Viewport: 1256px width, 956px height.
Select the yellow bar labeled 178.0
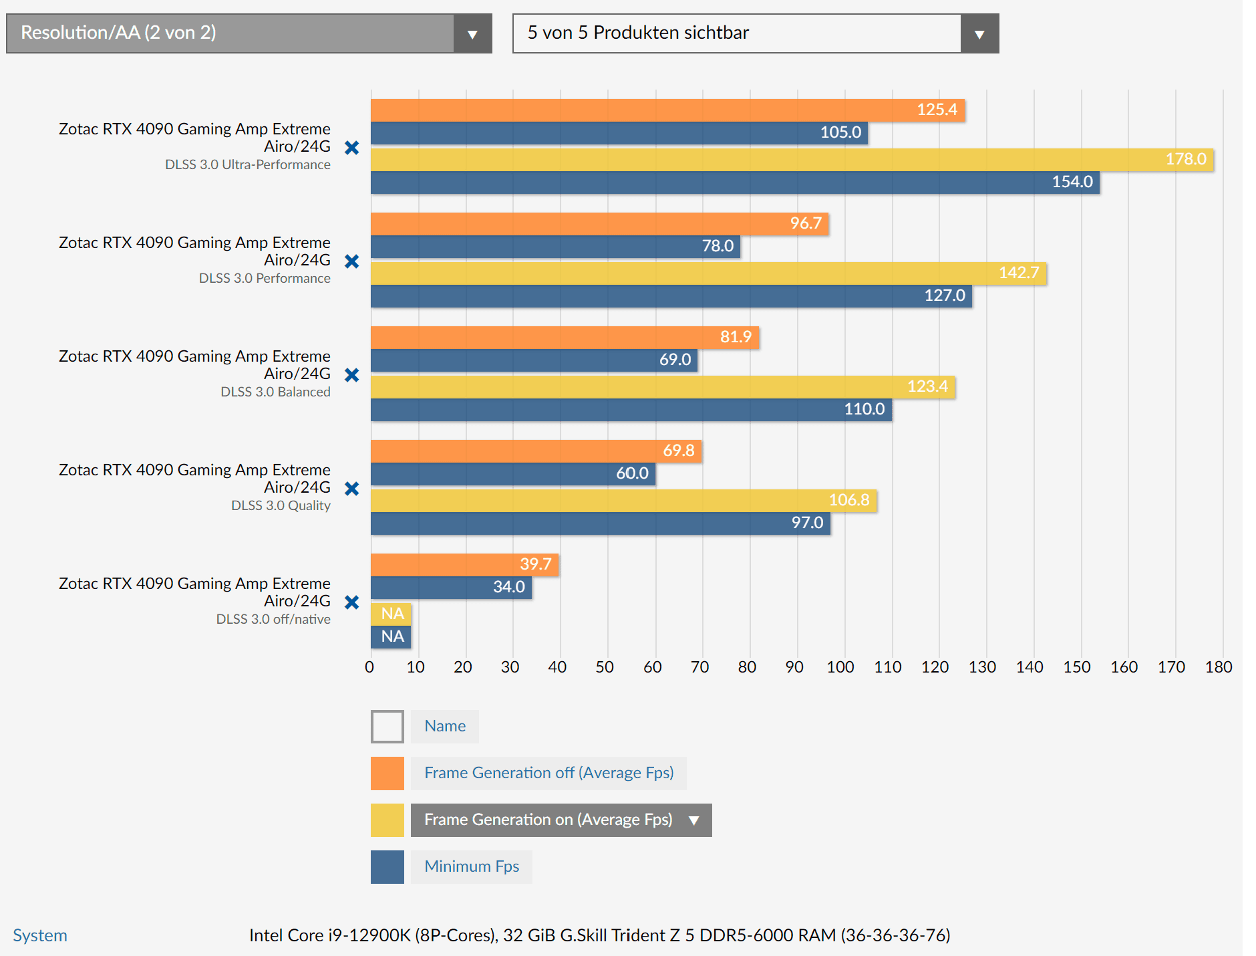coord(792,160)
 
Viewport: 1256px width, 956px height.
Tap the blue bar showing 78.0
coord(555,247)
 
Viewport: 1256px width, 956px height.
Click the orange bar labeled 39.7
coord(464,565)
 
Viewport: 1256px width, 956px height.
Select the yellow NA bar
coord(391,614)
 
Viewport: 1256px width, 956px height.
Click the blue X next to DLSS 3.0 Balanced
coord(352,375)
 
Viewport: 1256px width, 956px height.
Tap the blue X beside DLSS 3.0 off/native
coord(352,602)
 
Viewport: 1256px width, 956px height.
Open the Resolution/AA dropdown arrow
coord(472,34)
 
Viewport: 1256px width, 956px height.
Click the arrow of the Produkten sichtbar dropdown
coord(979,34)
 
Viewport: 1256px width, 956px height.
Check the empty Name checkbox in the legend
coord(387,727)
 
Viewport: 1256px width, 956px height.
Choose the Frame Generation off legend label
coord(548,773)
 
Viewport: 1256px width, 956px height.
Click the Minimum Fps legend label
coord(472,867)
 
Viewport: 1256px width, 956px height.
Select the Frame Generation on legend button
coord(561,820)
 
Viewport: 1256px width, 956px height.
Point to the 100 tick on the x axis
coord(840,667)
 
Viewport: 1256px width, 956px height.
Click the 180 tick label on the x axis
coord(1219,667)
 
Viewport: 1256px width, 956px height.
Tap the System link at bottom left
coord(40,935)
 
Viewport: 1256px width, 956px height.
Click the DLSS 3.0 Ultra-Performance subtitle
coord(248,165)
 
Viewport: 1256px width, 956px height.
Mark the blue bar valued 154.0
coord(735,183)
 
